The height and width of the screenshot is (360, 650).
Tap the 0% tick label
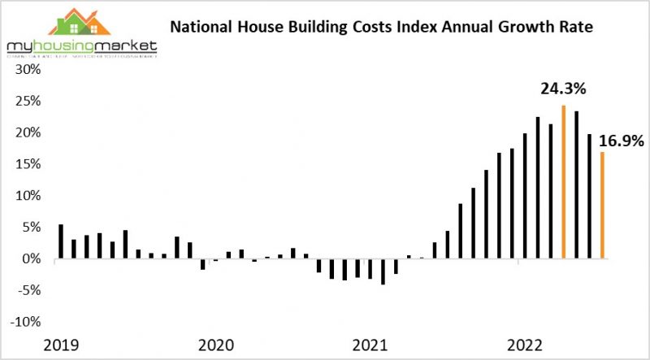point(33,258)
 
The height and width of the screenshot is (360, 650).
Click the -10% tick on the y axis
point(27,322)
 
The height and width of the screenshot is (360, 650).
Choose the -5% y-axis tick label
point(30,290)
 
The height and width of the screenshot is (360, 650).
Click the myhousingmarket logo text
point(80,47)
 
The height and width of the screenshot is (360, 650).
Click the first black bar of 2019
point(61,241)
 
